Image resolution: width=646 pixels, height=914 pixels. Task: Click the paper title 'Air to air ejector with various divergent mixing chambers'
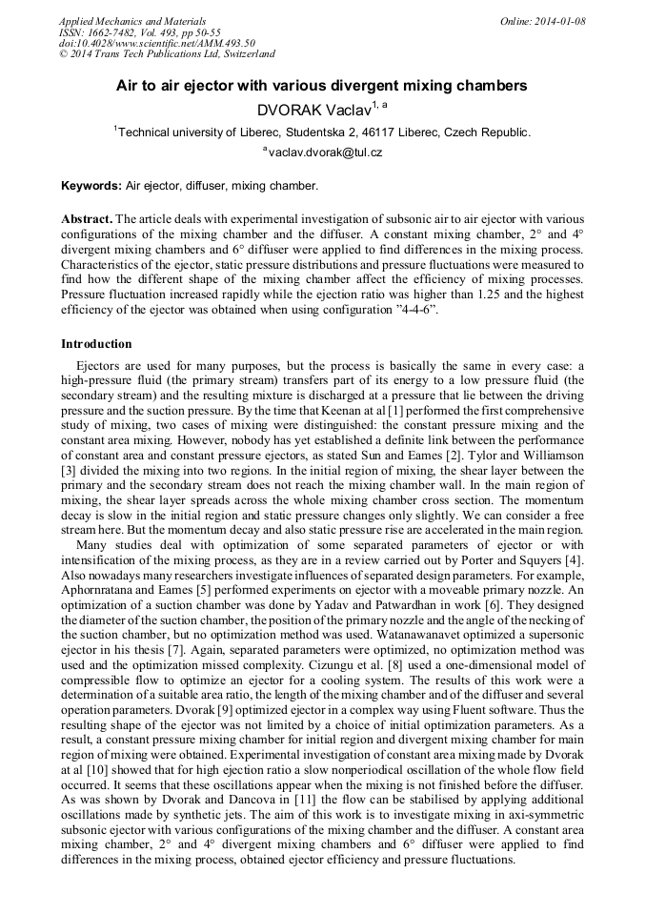321,86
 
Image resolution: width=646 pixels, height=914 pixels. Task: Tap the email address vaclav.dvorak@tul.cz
325,152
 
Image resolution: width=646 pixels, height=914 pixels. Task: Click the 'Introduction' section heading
96,344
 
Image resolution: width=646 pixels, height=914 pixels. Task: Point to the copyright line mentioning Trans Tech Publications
167,54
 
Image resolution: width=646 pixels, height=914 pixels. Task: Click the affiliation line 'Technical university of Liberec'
323,132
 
